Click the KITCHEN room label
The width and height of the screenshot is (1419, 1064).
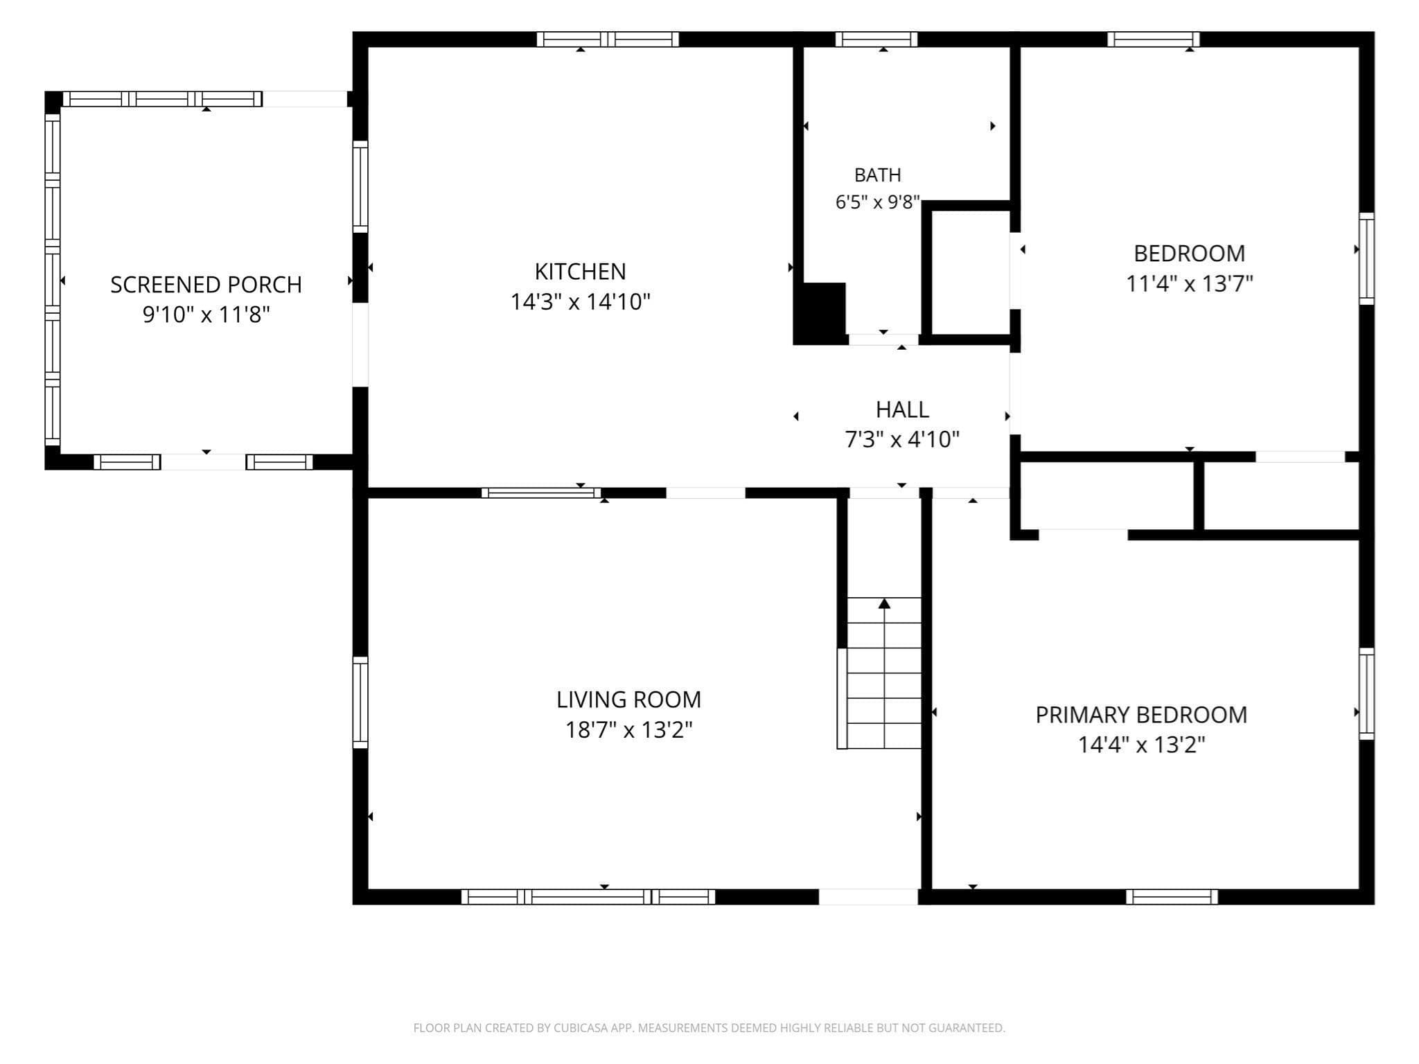coord(580,271)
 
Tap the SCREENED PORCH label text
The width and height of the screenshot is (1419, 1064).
coord(206,285)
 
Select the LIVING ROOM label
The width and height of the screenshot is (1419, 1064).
coord(628,700)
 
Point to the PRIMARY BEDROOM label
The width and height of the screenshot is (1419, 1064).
coord(1141,715)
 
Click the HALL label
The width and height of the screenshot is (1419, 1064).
coord(902,409)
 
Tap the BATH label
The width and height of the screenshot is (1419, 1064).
coord(877,175)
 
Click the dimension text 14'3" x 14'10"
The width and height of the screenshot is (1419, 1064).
coord(580,302)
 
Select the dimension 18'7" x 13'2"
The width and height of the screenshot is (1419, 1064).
coord(628,730)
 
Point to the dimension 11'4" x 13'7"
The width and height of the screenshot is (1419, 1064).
coord(1189,284)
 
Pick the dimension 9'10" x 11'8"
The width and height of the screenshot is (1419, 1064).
coord(206,315)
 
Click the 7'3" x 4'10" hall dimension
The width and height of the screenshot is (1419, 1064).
coord(902,439)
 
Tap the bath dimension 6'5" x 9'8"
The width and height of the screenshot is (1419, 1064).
coord(877,202)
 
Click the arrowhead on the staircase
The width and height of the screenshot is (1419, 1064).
coord(884,603)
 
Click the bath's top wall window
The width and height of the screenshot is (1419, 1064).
coord(876,39)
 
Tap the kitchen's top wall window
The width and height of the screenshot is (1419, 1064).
coord(608,39)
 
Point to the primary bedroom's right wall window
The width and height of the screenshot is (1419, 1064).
coord(1366,693)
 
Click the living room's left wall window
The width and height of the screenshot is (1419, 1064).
coord(360,702)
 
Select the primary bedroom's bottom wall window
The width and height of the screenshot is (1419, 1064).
coord(1172,896)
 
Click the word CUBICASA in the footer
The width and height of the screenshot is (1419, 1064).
coord(582,1028)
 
